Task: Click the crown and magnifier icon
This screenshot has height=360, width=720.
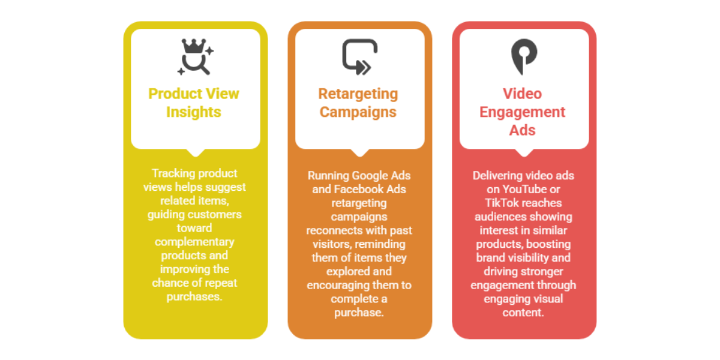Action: (196, 57)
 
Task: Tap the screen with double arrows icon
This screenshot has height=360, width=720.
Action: (359, 57)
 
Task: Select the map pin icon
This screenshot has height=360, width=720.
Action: (524, 57)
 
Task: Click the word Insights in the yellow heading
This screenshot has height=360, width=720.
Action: (193, 112)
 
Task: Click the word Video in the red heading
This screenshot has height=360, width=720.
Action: (523, 94)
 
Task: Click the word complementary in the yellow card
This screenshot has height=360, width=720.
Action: (194, 242)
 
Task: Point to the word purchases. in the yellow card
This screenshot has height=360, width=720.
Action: (194, 297)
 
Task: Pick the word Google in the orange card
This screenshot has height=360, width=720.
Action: (369, 176)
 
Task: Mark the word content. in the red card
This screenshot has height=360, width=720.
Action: (523, 313)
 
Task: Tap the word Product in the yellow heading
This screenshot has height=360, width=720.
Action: (175, 94)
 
